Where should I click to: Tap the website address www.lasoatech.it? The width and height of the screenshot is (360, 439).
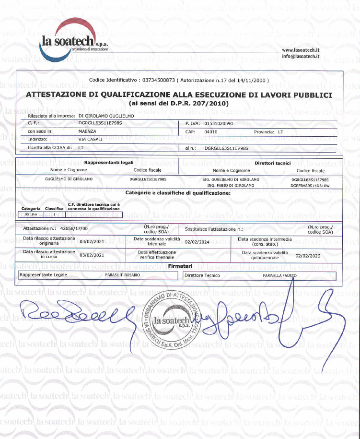coord(301,50)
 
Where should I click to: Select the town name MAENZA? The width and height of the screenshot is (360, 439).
coord(88,131)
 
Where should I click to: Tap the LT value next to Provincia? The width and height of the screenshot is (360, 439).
coord(281,131)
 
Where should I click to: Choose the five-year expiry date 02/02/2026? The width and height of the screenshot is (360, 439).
coord(308,256)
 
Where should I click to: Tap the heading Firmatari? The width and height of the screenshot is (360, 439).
coord(181,265)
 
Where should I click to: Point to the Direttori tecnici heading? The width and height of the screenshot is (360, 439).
coord(273,164)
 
